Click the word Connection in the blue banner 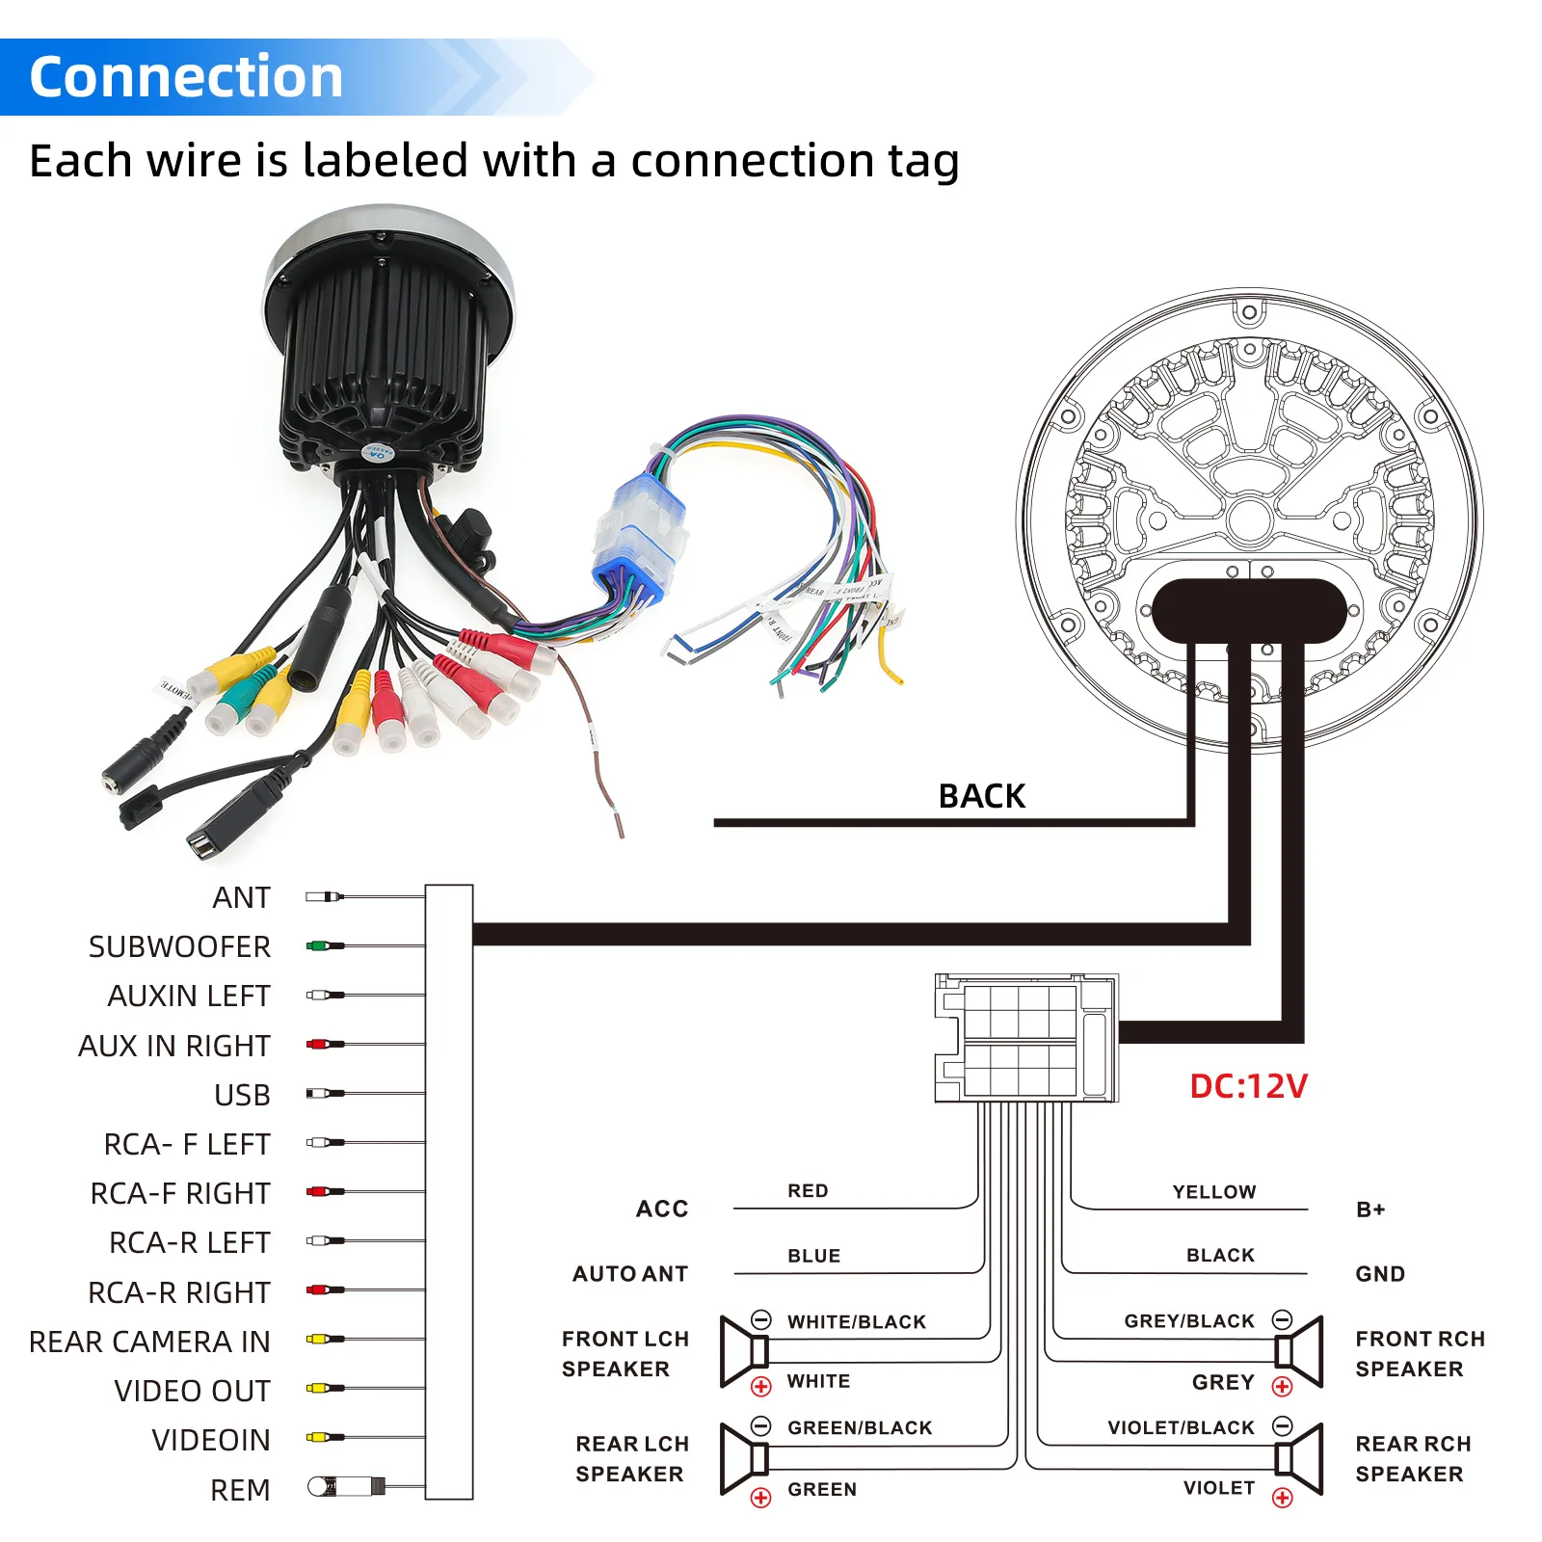pyautogui.click(x=186, y=77)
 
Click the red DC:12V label pyautogui.click(x=1248, y=1086)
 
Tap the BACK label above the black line pyautogui.click(x=981, y=796)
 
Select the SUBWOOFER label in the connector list pyautogui.click(x=179, y=946)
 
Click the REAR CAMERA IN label pyautogui.click(x=149, y=1342)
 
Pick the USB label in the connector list pyautogui.click(x=242, y=1095)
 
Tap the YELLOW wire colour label pyautogui.click(x=1213, y=1192)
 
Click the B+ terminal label pyautogui.click(x=1369, y=1210)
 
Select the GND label pyautogui.click(x=1379, y=1274)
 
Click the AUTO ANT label pyautogui.click(x=630, y=1274)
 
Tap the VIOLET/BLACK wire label pyautogui.click(x=1181, y=1427)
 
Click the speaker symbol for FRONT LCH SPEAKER pyautogui.click(x=744, y=1352)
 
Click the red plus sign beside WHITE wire pyautogui.click(x=761, y=1387)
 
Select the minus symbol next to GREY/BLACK pyautogui.click(x=1282, y=1319)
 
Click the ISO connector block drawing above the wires pyautogui.click(x=1025, y=1038)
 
